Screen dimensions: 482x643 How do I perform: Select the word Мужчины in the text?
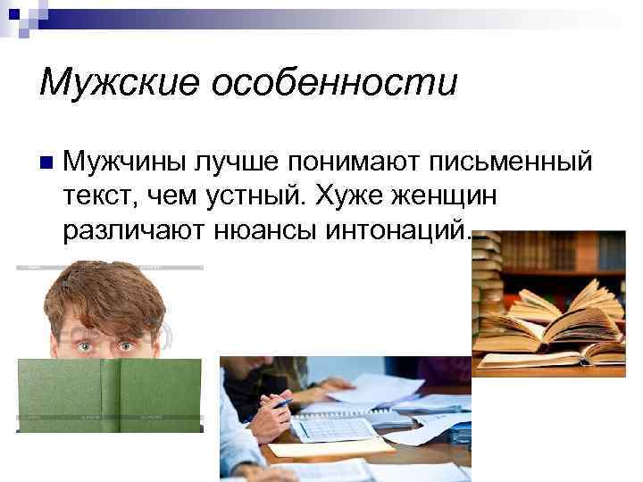pos(122,162)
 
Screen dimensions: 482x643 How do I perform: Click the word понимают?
pos(343,162)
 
